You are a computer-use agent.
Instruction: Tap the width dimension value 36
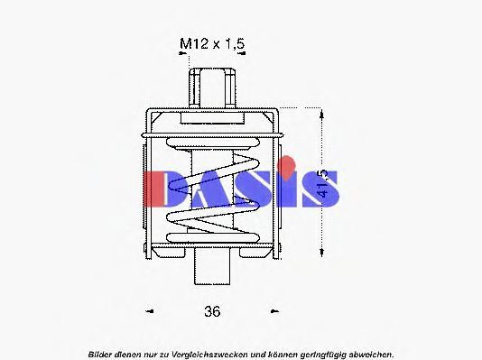click(212, 311)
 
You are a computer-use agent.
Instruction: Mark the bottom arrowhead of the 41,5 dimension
click(321, 251)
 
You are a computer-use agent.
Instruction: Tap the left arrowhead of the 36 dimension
click(151, 312)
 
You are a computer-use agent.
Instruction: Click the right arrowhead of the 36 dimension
click(274, 312)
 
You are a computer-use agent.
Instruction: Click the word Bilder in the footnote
click(103, 354)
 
